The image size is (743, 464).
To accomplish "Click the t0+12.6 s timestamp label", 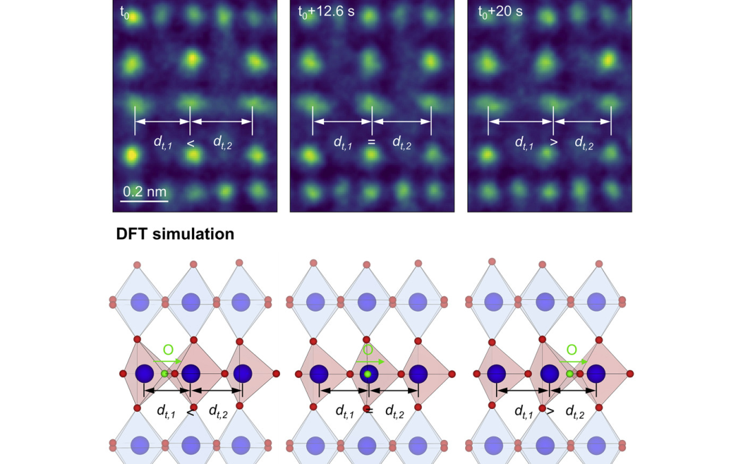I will point(326,12).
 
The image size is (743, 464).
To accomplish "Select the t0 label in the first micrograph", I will point(125,12).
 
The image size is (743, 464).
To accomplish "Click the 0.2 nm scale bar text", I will point(144,190).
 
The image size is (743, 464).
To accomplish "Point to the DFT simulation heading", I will point(175,234).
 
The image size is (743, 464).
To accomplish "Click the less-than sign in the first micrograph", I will point(191,143).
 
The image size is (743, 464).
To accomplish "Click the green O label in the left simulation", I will point(168,350).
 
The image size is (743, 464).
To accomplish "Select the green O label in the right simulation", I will point(572,350).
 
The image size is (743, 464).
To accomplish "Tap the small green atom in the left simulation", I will point(164,374).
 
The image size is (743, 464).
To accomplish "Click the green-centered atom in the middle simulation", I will point(368,374).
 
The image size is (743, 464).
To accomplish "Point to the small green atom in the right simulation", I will point(570,374).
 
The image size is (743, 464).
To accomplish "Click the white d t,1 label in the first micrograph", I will point(164,142).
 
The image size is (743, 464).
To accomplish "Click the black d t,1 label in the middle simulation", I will point(345,411).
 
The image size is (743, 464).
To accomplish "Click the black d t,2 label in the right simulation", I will point(575,411).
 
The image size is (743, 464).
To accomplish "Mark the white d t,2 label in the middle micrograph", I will point(402,142).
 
